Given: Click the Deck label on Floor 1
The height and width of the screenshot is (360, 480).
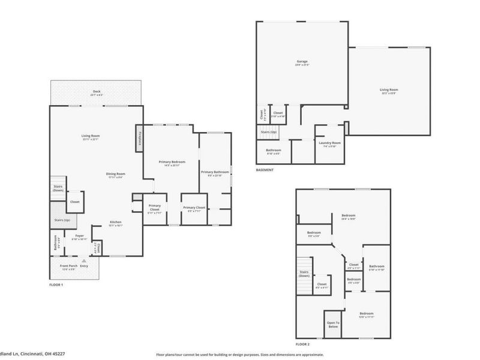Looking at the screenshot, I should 96,92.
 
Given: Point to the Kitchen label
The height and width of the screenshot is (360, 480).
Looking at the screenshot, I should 116,223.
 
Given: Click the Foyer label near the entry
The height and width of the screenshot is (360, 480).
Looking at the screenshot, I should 80,237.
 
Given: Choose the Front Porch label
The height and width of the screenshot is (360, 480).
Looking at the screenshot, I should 68,266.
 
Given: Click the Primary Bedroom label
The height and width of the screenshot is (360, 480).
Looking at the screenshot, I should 172,163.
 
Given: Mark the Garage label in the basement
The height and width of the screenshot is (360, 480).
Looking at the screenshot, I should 302,62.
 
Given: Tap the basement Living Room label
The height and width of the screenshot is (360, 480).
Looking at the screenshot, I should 389,91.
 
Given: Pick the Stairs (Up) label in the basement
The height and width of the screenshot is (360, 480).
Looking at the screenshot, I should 268,132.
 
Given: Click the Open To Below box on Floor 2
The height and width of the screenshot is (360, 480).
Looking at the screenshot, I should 333,325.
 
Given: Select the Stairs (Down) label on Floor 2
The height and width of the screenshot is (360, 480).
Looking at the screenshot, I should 304,274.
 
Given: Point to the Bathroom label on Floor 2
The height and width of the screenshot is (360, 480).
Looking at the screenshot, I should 377,266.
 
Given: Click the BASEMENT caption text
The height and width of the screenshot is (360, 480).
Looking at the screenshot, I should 265,170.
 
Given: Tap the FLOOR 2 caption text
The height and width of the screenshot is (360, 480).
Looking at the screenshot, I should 303,345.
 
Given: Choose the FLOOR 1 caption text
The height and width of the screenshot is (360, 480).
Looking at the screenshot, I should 56,284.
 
